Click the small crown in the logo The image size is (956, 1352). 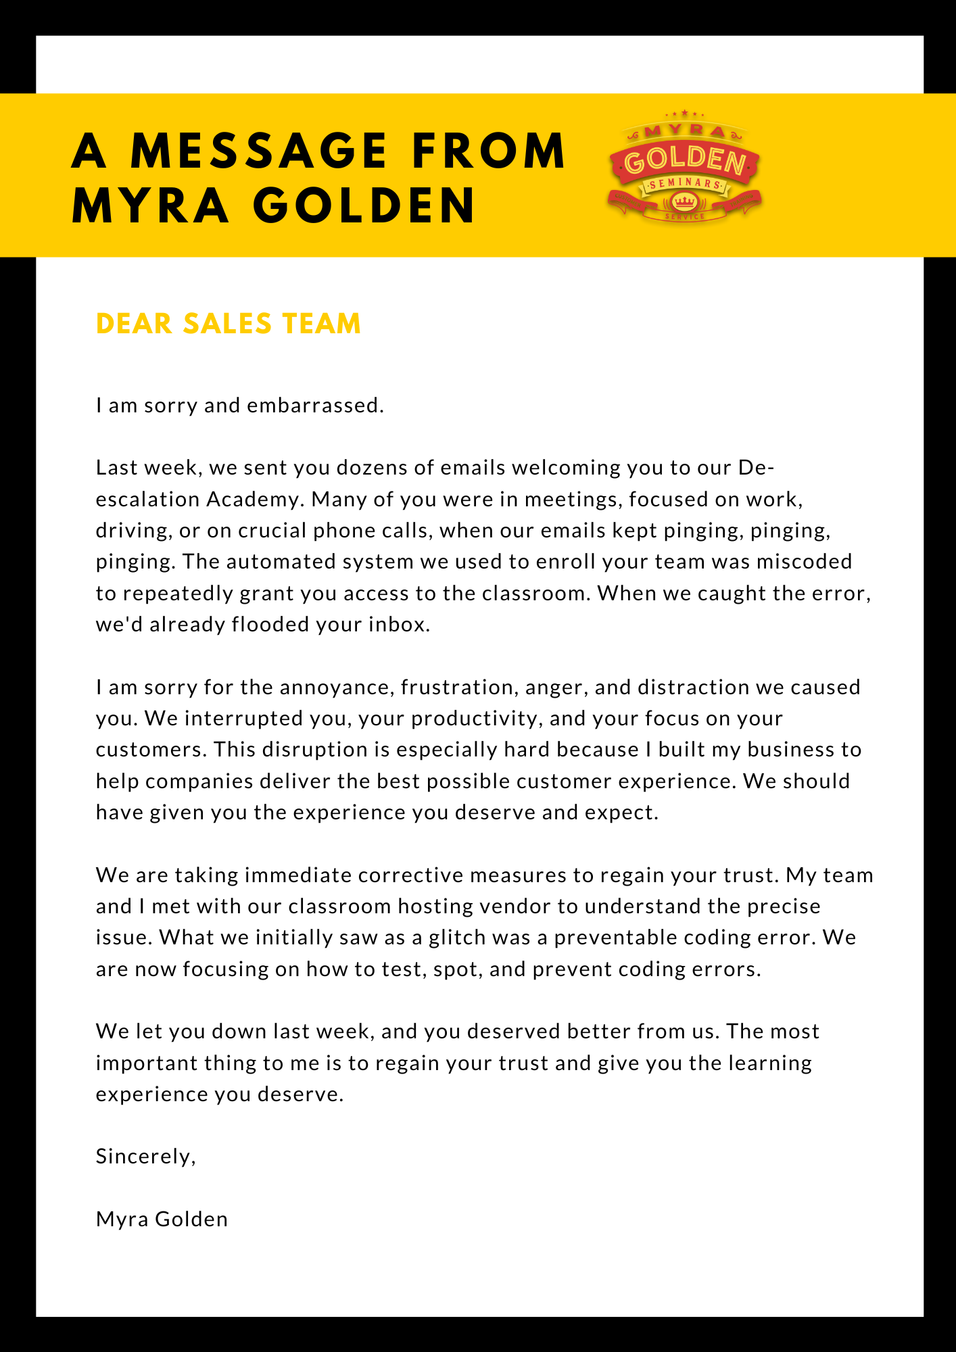(685, 201)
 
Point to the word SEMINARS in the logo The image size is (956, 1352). (685, 184)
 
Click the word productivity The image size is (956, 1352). (477, 719)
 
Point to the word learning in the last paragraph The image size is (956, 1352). (770, 1063)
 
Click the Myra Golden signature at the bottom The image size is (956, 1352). (162, 1220)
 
